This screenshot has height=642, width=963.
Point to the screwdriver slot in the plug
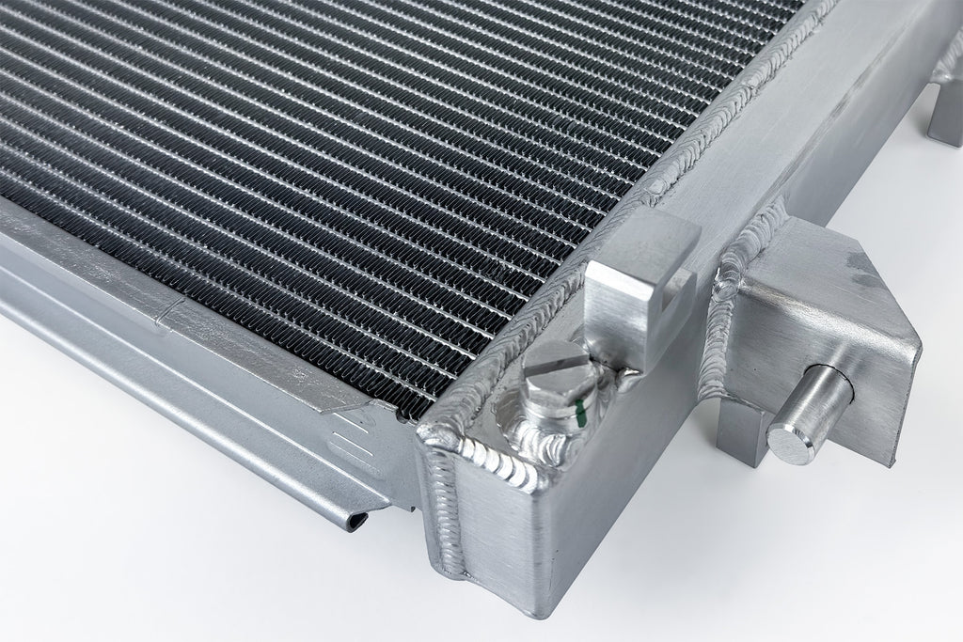point(556,360)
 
